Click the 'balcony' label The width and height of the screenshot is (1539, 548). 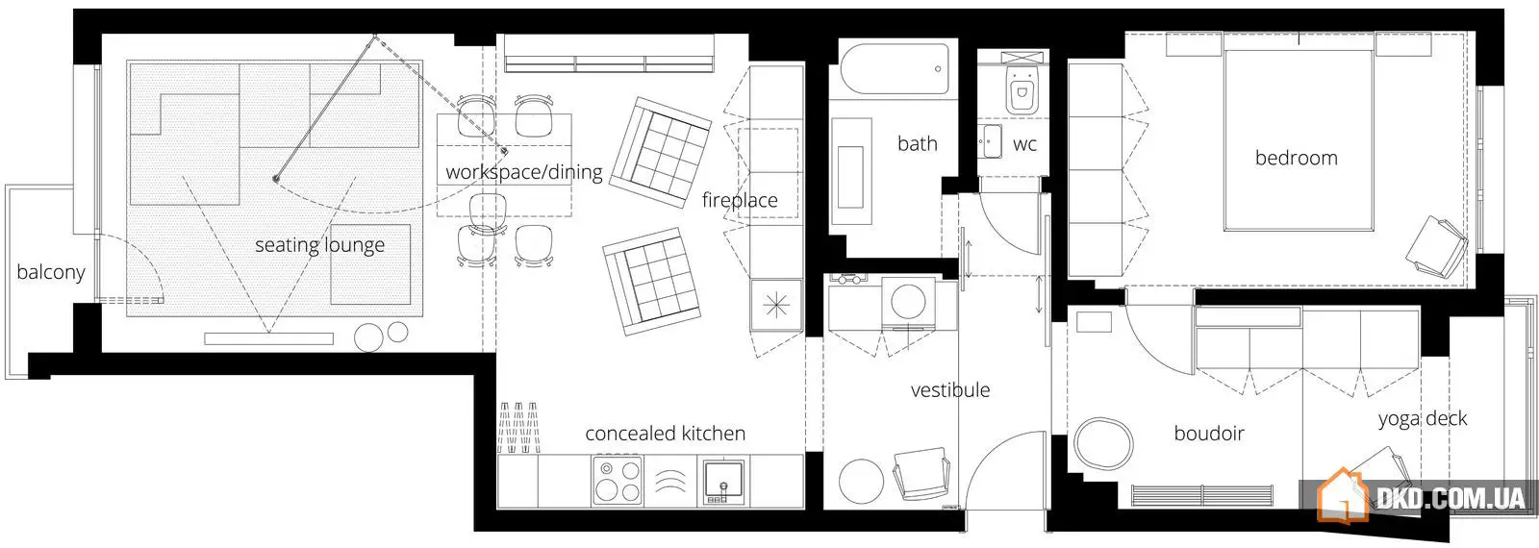pos(51,273)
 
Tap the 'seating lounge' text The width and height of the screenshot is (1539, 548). pos(319,245)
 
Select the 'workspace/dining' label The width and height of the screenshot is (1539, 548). pos(523,172)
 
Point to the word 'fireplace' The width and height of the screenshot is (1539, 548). pos(740,200)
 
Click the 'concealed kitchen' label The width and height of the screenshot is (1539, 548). pos(665,434)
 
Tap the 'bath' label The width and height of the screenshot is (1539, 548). pos(918,143)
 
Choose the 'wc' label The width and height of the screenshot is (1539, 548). pos(1024,144)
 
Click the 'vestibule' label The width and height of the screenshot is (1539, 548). pos(950,390)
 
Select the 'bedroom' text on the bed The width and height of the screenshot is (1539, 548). pos(1297,158)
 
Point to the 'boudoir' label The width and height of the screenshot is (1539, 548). pos(1209,434)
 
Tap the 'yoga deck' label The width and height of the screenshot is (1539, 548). pos(1423,419)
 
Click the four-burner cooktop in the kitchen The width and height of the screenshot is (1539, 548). pos(617,480)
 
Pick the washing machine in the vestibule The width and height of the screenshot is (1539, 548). pos(908,303)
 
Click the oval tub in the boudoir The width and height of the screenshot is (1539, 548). pos(1103,443)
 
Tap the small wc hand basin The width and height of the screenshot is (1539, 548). pos(990,141)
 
